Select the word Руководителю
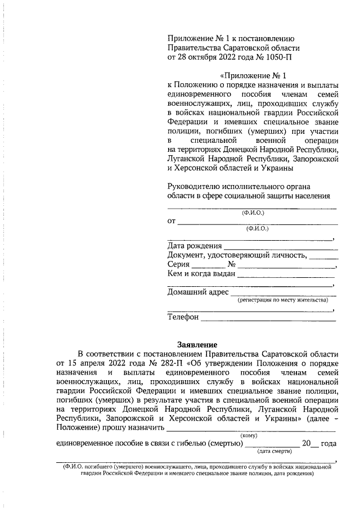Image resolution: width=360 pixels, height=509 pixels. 194,186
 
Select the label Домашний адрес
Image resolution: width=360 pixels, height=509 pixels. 198,292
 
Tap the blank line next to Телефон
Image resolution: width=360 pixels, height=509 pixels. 268,318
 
